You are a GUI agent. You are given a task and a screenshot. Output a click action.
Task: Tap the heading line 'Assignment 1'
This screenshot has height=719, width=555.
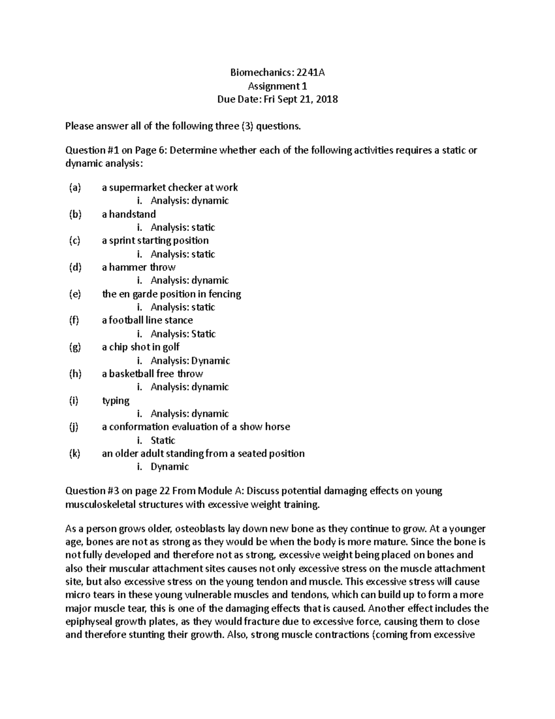[277, 86]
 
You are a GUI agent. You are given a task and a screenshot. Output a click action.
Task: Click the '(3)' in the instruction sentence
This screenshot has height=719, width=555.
[247, 126]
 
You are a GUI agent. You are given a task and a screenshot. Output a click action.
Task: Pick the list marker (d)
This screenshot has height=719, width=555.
[74, 267]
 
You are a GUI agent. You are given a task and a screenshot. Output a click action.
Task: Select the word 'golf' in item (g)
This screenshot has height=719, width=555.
[171, 347]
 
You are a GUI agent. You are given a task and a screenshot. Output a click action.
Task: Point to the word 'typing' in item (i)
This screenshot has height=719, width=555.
[116, 400]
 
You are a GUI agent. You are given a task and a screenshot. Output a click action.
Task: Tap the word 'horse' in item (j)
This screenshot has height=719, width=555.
[277, 426]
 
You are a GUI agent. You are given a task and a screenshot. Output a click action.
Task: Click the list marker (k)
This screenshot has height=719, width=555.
[74, 453]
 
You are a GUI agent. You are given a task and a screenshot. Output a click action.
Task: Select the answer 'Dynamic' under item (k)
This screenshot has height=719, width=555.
[170, 467]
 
